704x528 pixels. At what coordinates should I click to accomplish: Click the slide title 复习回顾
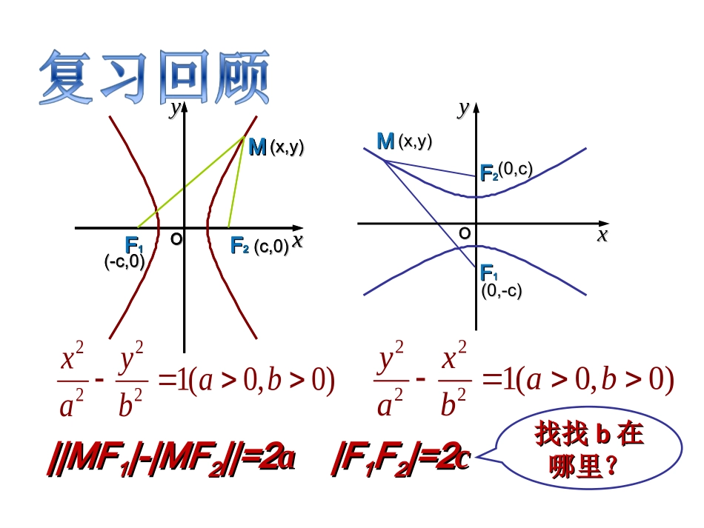pos(154,78)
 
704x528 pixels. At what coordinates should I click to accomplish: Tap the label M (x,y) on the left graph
pos(276,147)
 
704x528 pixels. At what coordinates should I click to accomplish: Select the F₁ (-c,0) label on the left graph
pos(127,252)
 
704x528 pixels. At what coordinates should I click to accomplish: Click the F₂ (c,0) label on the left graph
pos(259,247)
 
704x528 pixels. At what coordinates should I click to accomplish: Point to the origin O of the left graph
pos(176,239)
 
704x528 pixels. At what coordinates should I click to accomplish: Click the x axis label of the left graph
pos(297,241)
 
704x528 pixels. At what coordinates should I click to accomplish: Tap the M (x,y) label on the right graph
pos(404,141)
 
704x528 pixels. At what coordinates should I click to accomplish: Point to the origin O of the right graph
pos(464,233)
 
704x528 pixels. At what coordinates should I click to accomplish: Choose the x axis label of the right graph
pos(602,235)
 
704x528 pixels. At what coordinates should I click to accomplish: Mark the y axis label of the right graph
pos(463,109)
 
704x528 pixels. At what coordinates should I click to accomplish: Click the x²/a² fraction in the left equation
pos(70,382)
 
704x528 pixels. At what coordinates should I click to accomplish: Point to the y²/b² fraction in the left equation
pos(130,382)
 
